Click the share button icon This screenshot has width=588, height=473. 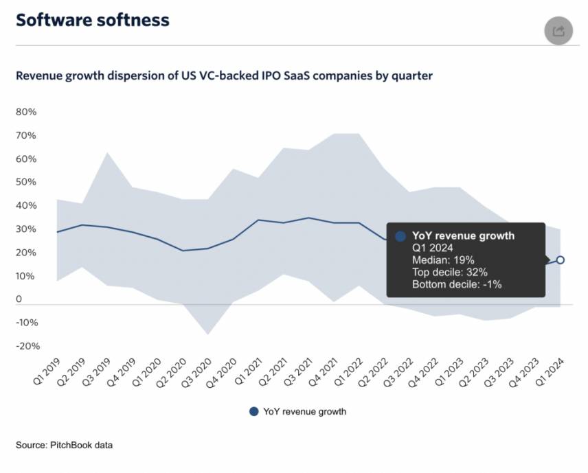[x=558, y=31]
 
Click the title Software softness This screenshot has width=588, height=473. [x=92, y=20]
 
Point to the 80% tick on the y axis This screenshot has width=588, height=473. [x=26, y=112]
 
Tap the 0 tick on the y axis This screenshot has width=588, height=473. [x=19, y=299]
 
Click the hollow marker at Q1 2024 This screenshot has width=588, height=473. [x=561, y=259]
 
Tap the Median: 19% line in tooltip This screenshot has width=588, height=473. [x=443, y=260]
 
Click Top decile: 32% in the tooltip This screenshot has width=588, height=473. [x=450, y=272]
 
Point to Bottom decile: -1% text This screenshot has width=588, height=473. [x=457, y=284]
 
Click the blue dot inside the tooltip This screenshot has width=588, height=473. [x=400, y=236]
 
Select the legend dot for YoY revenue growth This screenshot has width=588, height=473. [x=253, y=412]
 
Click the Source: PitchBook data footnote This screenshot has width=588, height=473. [x=64, y=445]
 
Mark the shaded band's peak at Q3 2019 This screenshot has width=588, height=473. [x=106, y=152]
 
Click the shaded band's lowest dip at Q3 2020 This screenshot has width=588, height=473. [x=208, y=334]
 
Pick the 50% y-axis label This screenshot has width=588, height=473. [x=26, y=182]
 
